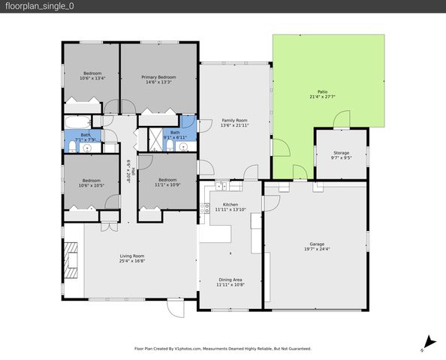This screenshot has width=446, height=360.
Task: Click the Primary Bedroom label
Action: [x=159, y=77]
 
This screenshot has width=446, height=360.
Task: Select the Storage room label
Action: [x=341, y=153]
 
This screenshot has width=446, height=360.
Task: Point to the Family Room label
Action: [x=234, y=120]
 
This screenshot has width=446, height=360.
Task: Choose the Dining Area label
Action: [x=231, y=279]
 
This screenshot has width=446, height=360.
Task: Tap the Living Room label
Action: [x=131, y=256]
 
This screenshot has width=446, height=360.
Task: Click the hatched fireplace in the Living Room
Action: [x=71, y=260]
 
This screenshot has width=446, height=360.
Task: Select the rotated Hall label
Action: [x=128, y=172]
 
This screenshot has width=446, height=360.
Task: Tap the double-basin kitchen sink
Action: [x=222, y=184]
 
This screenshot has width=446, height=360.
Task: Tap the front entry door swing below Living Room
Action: [x=174, y=307]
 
